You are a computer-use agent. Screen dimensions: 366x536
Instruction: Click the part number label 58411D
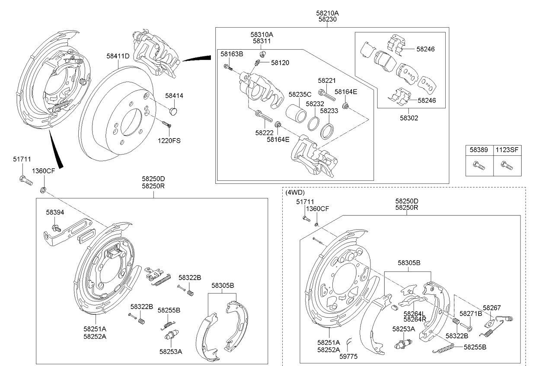coord(118,56)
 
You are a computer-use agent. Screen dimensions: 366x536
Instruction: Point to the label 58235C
coord(300,95)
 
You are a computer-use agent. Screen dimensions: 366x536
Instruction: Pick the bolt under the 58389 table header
coord(479,165)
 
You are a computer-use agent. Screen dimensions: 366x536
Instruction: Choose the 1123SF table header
coord(507,150)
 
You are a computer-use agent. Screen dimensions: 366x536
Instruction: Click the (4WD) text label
coord(295,192)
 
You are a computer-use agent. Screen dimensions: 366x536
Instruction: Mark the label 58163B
coord(232,54)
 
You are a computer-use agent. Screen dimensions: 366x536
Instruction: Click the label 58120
coord(280,63)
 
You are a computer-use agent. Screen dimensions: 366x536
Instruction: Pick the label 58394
coord(55,212)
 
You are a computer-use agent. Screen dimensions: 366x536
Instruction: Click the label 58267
coord(491,308)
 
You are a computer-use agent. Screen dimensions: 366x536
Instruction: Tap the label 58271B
coord(470,314)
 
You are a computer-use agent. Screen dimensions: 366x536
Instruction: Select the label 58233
coord(329,110)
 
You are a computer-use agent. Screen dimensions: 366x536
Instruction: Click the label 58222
coord(264,133)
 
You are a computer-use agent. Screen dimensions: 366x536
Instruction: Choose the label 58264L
coord(415,314)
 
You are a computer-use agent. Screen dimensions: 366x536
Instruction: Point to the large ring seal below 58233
coord(328,132)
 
